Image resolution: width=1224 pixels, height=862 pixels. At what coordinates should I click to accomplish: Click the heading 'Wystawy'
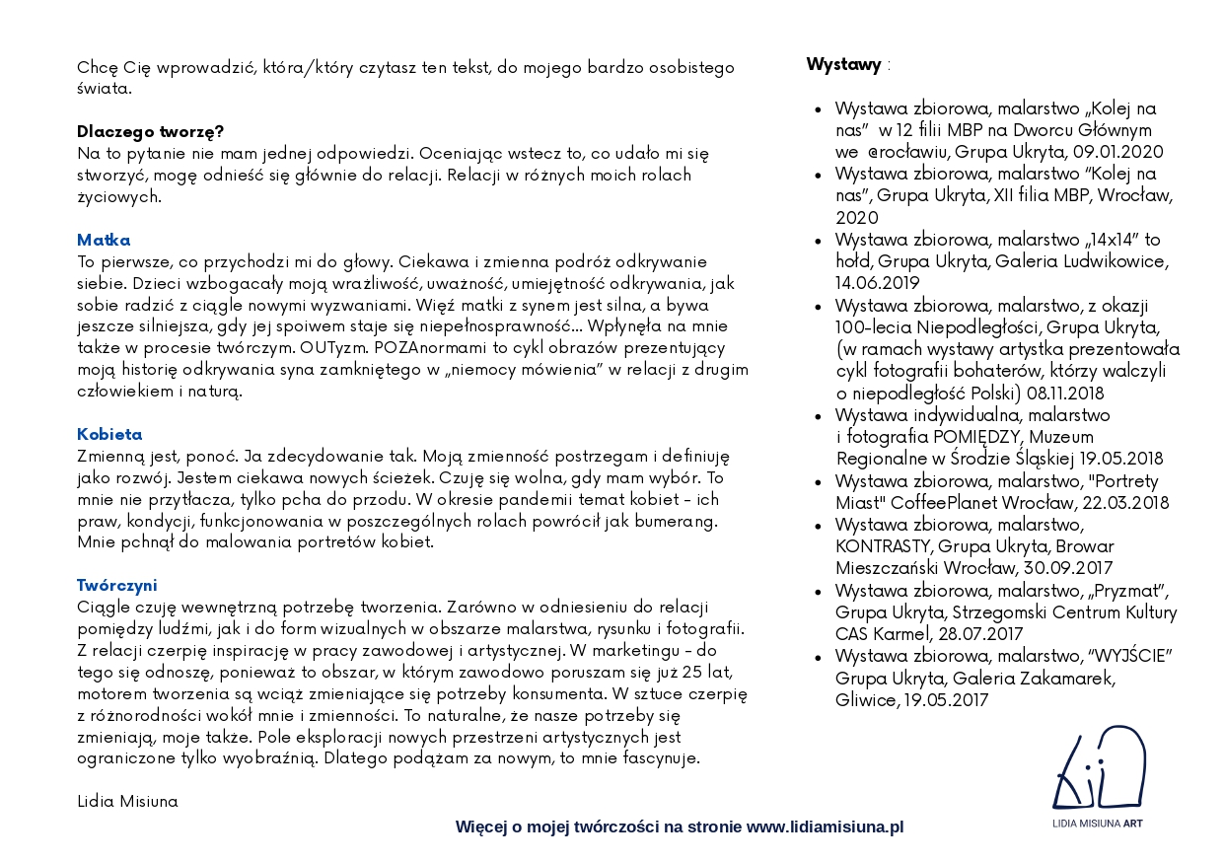coord(843,65)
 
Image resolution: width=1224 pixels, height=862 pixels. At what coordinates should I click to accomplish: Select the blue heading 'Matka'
coord(104,240)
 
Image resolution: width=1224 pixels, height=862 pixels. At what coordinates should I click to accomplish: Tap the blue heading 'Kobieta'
coord(109,434)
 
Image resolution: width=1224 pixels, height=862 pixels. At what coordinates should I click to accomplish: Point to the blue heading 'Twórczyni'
coord(117,585)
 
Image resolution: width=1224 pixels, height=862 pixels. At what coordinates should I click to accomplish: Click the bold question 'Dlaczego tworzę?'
coord(151,131)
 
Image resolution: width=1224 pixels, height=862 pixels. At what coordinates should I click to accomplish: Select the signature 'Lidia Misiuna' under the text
coord(127,801)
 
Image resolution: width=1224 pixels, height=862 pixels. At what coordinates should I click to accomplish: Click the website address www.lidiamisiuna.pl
coord(825,826)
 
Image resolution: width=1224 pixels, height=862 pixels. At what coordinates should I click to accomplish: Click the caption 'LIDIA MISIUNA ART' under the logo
coord(1098,823)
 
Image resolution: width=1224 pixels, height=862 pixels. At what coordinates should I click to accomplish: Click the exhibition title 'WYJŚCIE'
coord(1127,657)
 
